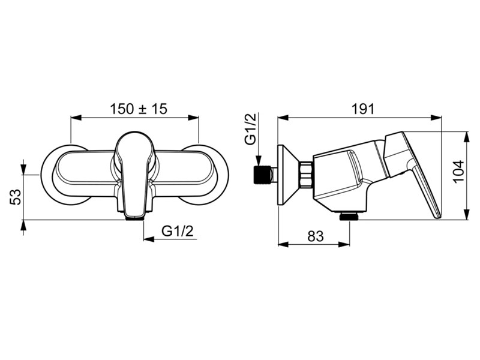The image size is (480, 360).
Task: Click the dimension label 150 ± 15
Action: click(x=139, y=109)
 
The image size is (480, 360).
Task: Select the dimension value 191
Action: click(x=363, y=109)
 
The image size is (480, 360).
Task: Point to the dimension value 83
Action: click(x=315, y=236)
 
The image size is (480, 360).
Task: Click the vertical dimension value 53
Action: click(x=16, y=197)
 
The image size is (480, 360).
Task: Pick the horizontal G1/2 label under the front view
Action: click(x=178, y=231)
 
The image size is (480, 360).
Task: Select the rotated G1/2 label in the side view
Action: click(x=250, y=128)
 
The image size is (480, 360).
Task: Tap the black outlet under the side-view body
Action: click(x=350, y=216)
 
